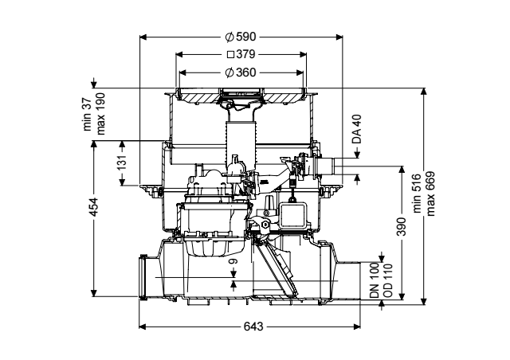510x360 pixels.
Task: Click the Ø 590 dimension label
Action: pyautogui.click(x=241, y=37)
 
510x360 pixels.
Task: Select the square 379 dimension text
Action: pyautogui.click(x=241, y=54)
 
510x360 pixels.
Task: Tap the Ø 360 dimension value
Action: pyautogui.click(x=241, y=72)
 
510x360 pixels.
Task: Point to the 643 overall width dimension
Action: pyautogui.click(x=253, y=327)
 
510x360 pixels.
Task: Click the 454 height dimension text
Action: pyautogui.click(x=94, y=207)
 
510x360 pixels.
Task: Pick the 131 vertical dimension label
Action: pyautogui.click(x=122, y=162)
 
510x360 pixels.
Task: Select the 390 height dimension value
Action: pyautogui.click(x=402, y=227)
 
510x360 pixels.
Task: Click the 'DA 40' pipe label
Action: pyautogui.click(x=357, y=129)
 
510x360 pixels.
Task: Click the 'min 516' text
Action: pyautogui.click(x=417, y=194)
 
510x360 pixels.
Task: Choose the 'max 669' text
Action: pyautogui.click(x=430, y=194)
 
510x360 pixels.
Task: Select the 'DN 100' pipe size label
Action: pyautogui.click(x=375, y=280)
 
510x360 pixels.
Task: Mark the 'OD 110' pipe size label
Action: pyautogui.click(x=388, y=280)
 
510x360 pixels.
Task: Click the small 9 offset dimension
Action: pyautogui.click(x=233, y=261)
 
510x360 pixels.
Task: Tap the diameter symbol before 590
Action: pyautogui.click(x=229, y=37)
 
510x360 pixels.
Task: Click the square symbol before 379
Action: pyautogui.click(x=230, y=55)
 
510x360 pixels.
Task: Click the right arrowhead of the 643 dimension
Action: pyautogui.click(x=357, y=327)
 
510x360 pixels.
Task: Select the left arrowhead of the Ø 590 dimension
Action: pyautogui.click(x=143, y=37)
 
